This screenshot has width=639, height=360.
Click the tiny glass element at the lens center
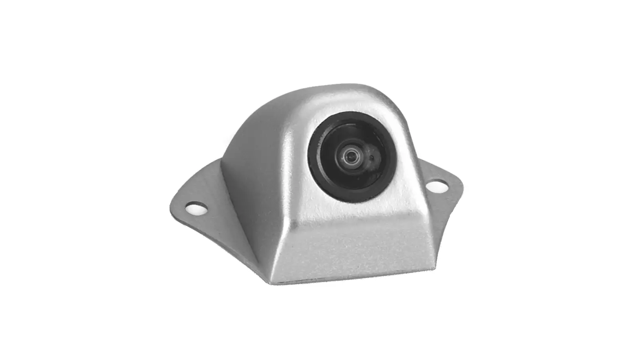(349, 155)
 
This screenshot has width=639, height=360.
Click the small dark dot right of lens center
(372, 157)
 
